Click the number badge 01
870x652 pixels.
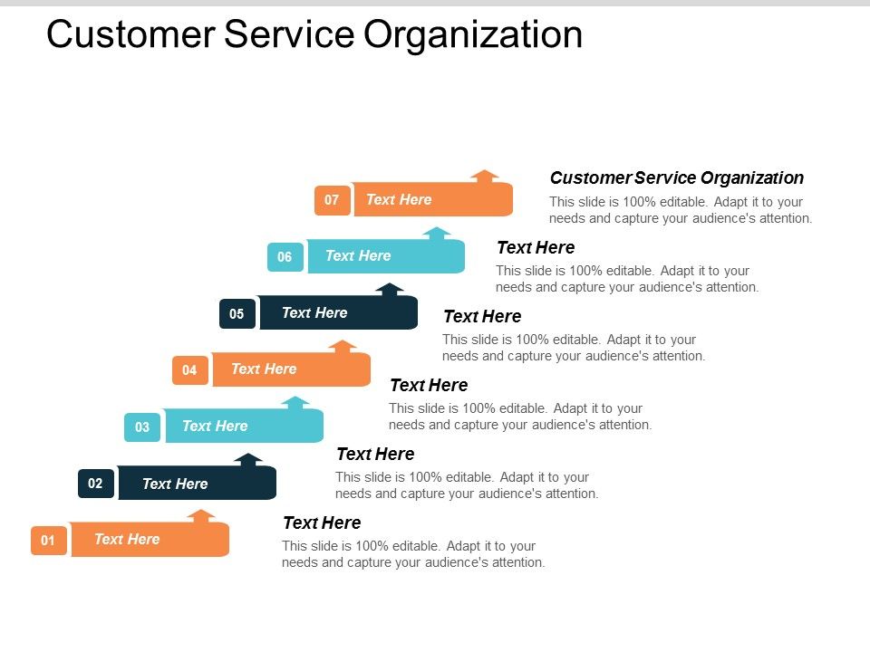49,541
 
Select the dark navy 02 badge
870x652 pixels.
95,484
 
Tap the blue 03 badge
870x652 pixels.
142,427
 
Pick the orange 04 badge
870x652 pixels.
189,369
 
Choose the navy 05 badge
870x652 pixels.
237,314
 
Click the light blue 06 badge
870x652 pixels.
285,257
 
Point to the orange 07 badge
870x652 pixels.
332,200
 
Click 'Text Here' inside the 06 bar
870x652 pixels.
358,256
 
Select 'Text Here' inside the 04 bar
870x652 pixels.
264,369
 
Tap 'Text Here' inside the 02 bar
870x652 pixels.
175,484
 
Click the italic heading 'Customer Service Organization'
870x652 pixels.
676,178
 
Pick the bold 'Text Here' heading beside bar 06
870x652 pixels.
536,247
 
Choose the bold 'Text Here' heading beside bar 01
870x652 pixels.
322,523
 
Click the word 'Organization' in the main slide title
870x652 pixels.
472,34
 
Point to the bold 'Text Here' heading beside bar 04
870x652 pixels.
429,385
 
